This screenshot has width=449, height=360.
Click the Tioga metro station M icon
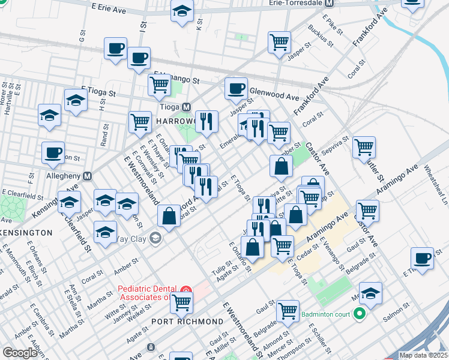tap(187, 107)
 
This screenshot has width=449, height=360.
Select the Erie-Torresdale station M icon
tap(328, 3)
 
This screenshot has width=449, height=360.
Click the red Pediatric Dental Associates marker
tap(186, 290)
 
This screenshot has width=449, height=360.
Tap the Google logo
tap(20, 353)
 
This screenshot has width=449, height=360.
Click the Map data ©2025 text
tap(424, 355)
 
